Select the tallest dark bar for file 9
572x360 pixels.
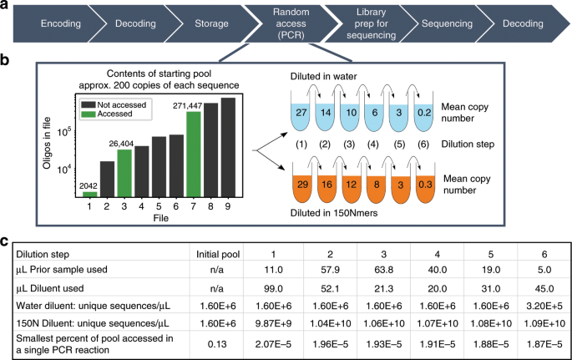pyautogui.click(x=228, y=146)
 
